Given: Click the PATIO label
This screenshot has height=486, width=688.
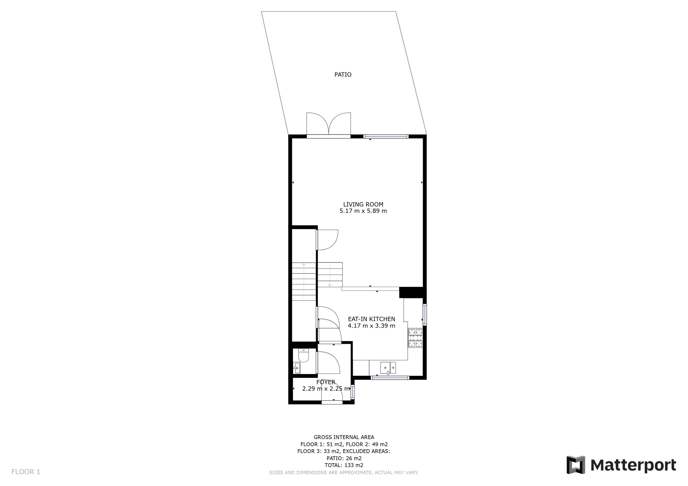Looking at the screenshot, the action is (343, 75).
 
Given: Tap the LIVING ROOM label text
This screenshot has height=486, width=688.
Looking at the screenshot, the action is (363, 204).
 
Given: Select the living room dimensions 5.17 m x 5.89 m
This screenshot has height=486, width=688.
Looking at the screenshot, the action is (363, 211).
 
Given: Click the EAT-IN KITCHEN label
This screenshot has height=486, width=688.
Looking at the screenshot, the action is (372, 319).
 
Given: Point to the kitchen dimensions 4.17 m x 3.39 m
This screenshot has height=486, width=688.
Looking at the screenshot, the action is (372, 325).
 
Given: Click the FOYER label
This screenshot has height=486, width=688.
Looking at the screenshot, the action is (326, 382).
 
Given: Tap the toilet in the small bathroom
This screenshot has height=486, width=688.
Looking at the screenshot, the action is (303, 356).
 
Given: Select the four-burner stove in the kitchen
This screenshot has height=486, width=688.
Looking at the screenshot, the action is (415, 338).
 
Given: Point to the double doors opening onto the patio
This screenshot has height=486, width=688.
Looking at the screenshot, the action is (328, 125).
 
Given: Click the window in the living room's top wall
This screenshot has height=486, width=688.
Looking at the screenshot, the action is (386, 137).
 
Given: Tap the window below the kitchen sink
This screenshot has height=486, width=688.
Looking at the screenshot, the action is (390, 378).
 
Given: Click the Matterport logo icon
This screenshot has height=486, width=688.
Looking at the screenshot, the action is (576, 465).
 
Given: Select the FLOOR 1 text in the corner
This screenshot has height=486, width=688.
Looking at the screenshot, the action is (26, 472).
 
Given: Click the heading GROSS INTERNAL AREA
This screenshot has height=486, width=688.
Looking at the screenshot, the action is (344, 437).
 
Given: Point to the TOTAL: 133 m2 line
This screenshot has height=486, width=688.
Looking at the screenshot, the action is (344, 465).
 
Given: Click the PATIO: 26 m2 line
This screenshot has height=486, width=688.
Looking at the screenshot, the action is (344, 458).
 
